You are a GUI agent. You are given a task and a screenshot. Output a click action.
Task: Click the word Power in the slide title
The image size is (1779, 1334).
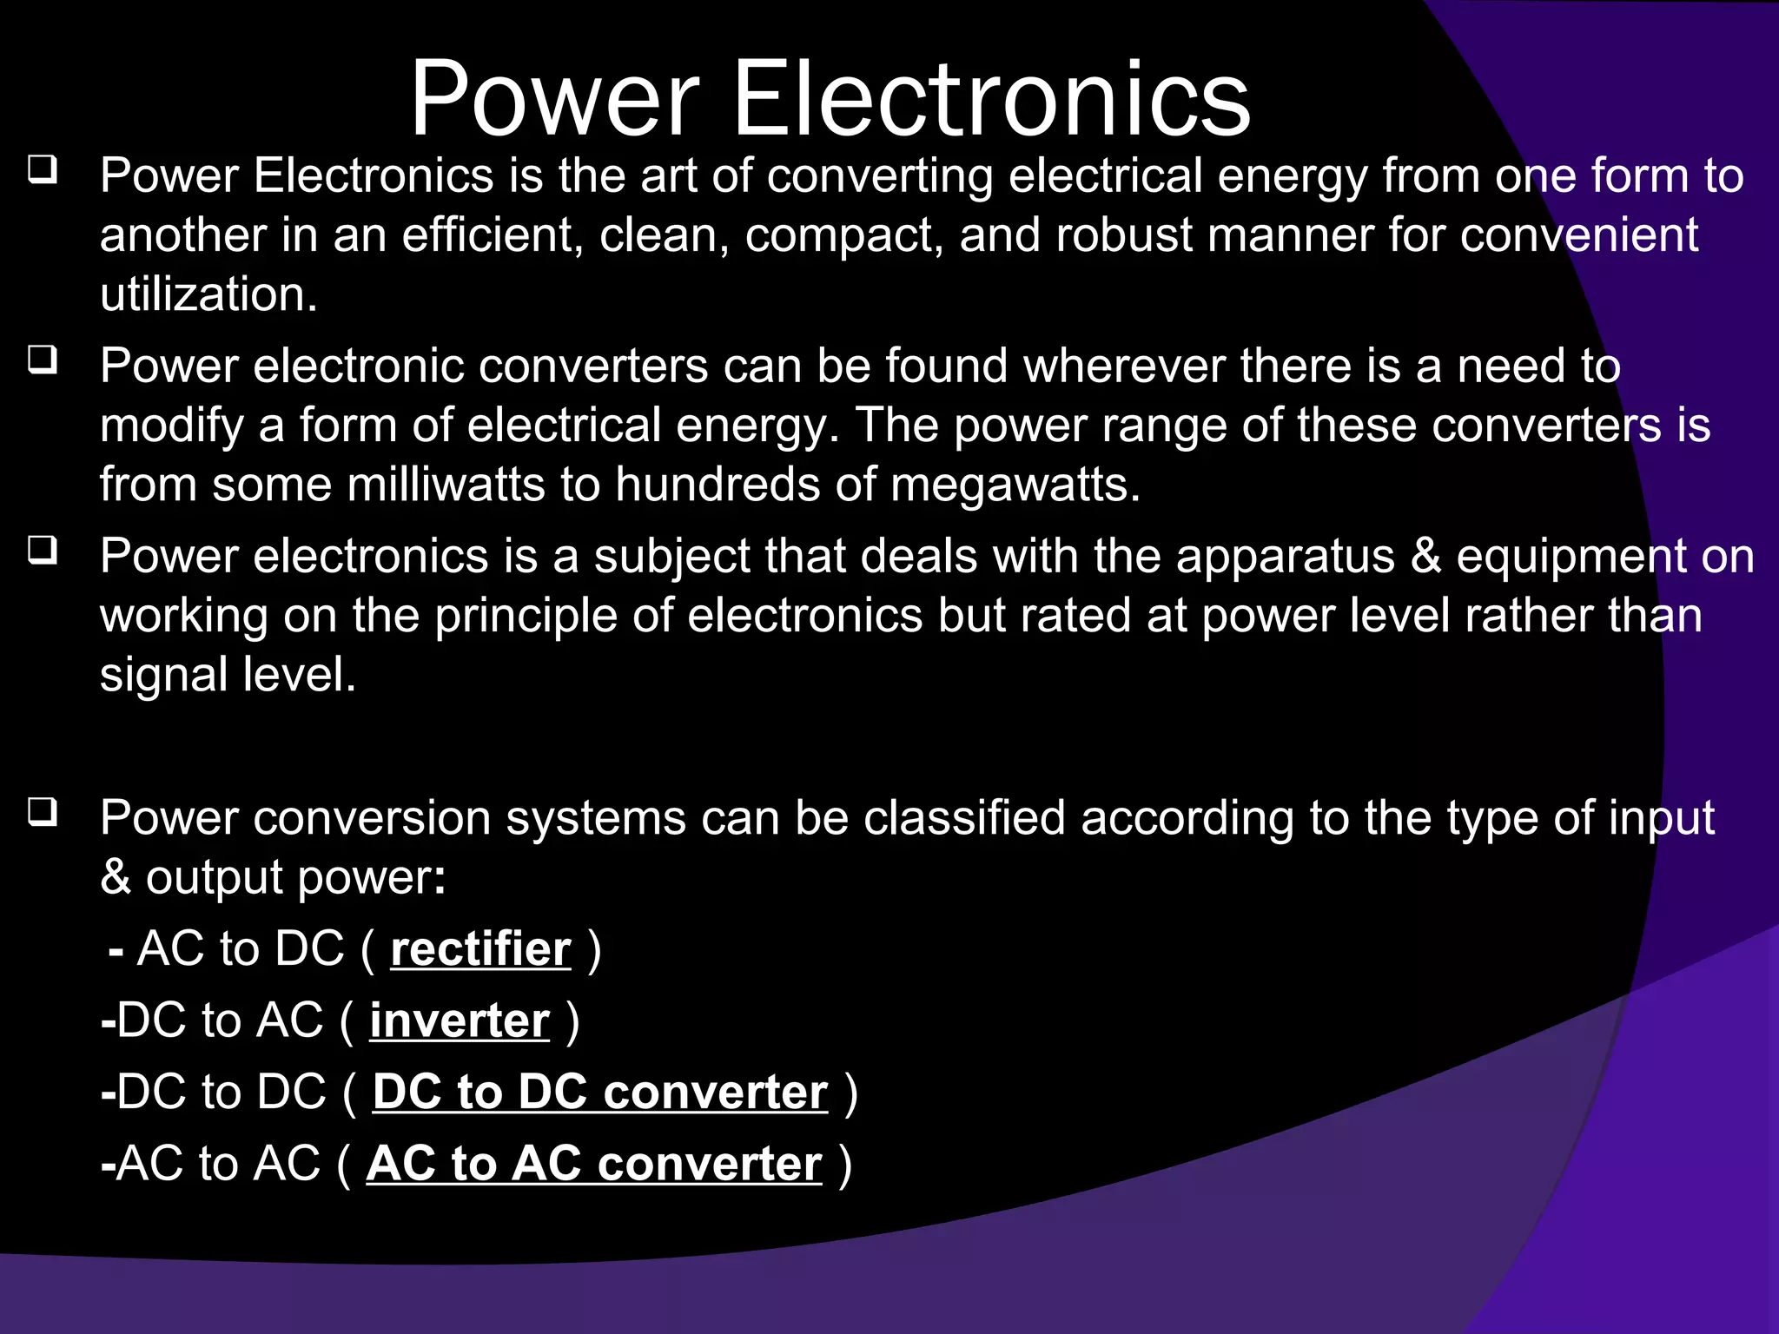(554, 97)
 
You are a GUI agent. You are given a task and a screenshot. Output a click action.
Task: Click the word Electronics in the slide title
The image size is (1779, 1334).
(991, 97)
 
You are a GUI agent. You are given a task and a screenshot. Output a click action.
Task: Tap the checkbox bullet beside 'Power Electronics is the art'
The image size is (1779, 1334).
(42, 168)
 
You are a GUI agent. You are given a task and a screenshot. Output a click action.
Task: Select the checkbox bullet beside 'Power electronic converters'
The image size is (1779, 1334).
(42, 359)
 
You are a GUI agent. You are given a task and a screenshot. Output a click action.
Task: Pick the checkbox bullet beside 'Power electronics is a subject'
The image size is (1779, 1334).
(42, 550)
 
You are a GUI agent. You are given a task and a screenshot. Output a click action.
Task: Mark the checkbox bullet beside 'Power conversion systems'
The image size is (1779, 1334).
(42, 811)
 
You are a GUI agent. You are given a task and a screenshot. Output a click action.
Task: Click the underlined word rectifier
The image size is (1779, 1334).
(480, 948)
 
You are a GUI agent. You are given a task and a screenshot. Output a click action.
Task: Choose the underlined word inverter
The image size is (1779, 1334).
(460, 1020)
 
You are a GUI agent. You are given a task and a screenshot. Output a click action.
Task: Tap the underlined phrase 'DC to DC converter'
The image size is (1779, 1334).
(600, 1092)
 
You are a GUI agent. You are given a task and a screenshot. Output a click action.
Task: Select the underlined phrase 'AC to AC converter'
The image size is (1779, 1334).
(594, 1164)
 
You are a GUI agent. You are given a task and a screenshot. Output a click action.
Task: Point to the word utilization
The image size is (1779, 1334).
(208, 294)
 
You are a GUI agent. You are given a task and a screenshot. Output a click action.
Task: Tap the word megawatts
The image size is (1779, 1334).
(1015, 485)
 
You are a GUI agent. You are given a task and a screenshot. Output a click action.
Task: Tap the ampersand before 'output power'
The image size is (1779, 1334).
(115, 877)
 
